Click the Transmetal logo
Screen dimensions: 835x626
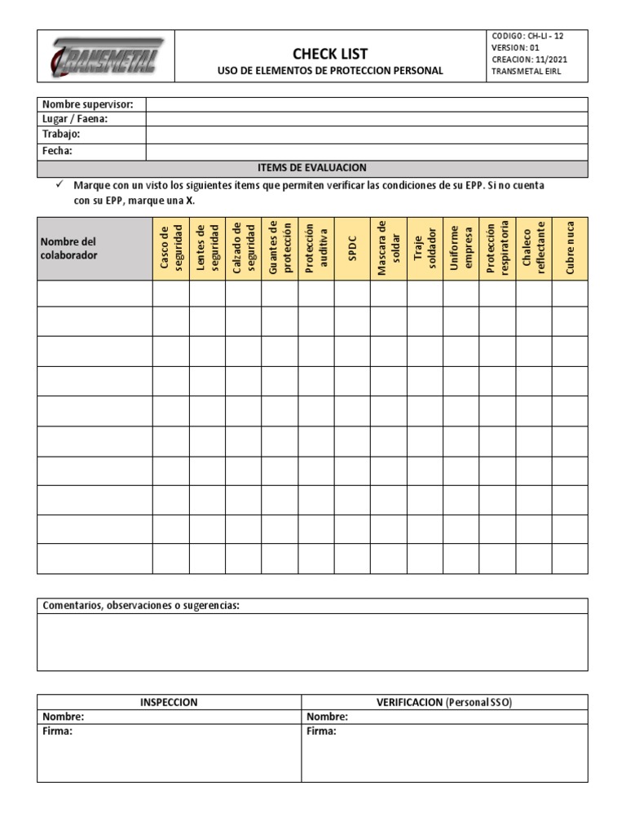[x=107, y=55]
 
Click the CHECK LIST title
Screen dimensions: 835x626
[x=331, y=53]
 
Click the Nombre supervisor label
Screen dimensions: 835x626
[x=93, y=104]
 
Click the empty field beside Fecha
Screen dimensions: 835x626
[x=367, y=151]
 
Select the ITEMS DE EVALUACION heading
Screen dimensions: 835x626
[x=312, y=167]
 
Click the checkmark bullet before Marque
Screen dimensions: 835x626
[x=60, y=186]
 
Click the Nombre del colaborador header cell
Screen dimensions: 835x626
[x=95, y=249]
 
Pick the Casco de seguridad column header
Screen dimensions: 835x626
[x=171, y=249]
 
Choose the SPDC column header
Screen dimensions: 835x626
[x=352, y=249]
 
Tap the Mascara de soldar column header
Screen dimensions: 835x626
[x=388, y=249]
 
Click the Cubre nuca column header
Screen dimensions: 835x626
[x=569, y=249]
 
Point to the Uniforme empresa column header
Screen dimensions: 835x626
[x=461, y=249]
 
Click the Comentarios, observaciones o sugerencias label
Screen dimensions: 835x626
[x=140, y=606]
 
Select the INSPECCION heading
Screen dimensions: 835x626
[x=169, y=702]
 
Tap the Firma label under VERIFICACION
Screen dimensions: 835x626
[x=321, y=731]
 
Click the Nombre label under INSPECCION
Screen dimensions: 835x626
[x=63, y=717]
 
